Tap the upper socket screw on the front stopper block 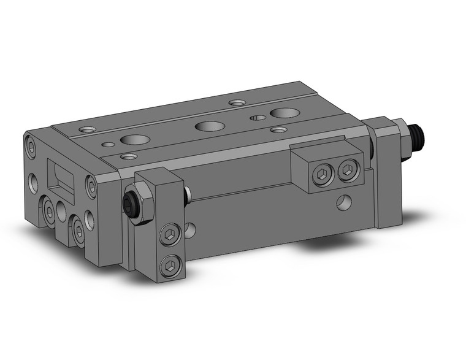[x=169, y=236]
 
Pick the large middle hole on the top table [x=207, y=126]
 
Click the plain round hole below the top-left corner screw [x=32, y=182]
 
